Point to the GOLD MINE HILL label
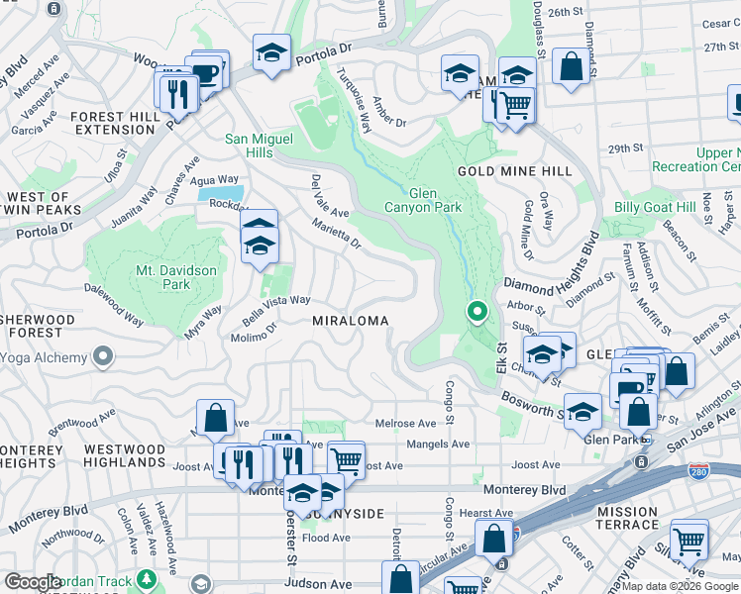pyautogui.click(x=514, y=171)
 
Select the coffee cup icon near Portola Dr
pyautogui.click(x=206, y=75)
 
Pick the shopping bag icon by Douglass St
pyautogui.click(x=571, y=67)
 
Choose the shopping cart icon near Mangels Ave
pyautogui.click(x=346, y=459)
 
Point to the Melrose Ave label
pyautogui.click(x=406, y=423)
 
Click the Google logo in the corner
pyautogui.click(x=33, y=582)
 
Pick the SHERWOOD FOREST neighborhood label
pyautogui.click(x=38, y=327)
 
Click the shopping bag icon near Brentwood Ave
pyautogui.click(x=215, y=419)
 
